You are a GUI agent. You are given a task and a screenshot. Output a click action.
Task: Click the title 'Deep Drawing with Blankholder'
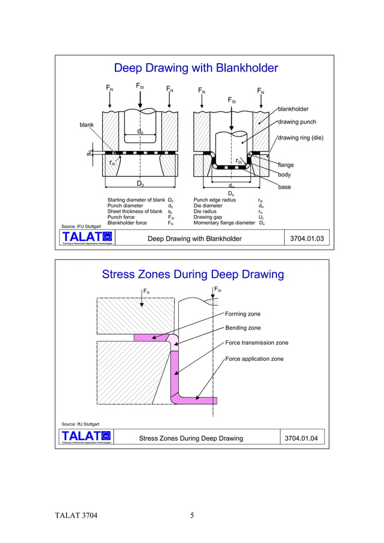click(x=196, y=68)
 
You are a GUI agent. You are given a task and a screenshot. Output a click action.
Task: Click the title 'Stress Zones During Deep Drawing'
click(x=193, y=275)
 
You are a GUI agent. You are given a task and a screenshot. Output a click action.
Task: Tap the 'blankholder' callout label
click(x=293, y=109)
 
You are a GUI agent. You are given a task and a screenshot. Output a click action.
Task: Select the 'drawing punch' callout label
click(x=297, y=123)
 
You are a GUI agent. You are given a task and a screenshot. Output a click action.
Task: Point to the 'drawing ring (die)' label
click(x=300, y=138)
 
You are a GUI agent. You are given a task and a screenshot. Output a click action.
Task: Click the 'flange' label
click(x=285, y=164)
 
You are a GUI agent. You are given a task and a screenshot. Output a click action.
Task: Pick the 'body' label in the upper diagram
click(x=284, y=174)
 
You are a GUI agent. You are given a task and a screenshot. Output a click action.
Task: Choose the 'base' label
click(x=285, y=188)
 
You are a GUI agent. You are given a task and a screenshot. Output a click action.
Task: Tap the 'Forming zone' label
click(x=243, y=313)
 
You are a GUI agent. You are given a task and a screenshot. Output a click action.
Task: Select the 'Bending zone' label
click(x=243, y=328)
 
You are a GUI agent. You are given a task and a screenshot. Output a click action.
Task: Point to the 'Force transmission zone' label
click(x=256, y=343)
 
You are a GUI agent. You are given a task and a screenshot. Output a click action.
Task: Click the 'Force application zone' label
click(x=254, y=359)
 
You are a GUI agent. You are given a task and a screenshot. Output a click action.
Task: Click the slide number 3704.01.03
click(x=307, y=239)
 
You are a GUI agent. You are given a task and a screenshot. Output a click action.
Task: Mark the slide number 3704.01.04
click(x=302, y=438)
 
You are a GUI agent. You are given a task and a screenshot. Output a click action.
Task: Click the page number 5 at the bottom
click(x=192, y=515)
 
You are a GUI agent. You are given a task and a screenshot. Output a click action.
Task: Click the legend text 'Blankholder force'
click(x=127, y=222)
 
